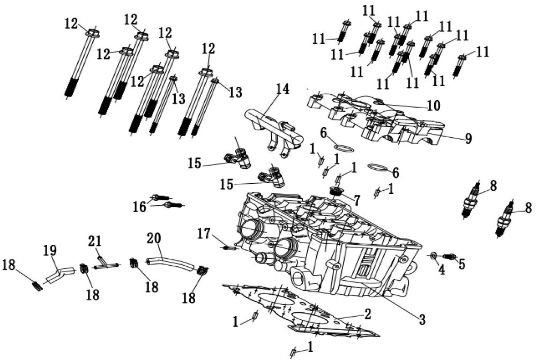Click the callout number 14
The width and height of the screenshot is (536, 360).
coord(282,89)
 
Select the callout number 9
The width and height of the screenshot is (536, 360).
coord(468,139)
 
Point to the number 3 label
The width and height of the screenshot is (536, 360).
coord(422,320)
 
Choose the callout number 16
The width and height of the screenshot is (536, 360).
coord(139,206)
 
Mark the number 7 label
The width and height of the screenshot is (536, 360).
coord(356,199)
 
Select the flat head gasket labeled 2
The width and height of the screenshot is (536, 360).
coord(300,311)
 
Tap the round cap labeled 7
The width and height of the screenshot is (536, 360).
coord(337,191)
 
